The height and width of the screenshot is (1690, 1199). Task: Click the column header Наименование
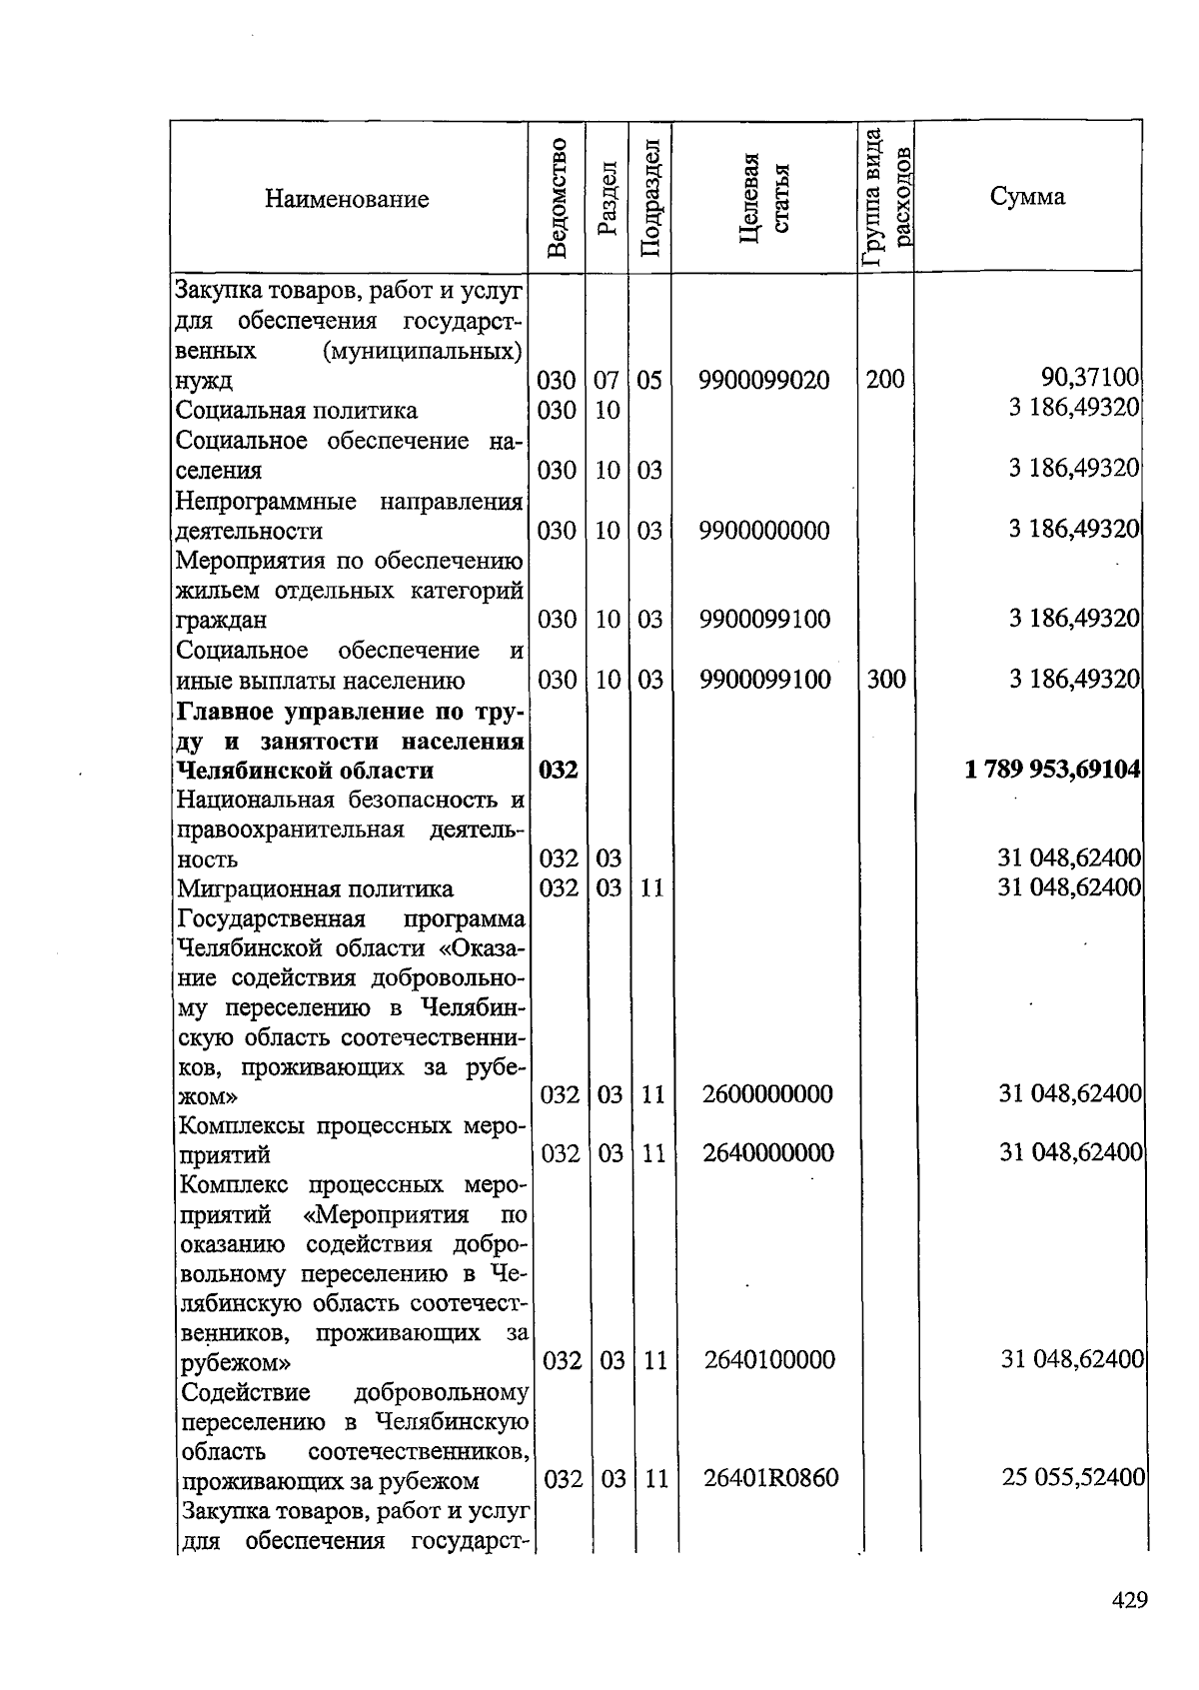click(347, 199)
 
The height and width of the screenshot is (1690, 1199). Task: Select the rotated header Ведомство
click(558, 197)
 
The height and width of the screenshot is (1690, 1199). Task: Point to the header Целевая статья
click(763, 197)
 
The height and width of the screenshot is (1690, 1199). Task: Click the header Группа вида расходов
click(885, 197)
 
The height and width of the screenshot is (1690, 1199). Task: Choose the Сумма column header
click(1027, 196)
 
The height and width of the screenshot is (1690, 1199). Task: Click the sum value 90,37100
click(1090, 378)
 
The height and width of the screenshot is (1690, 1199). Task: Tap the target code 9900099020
click(764, 381)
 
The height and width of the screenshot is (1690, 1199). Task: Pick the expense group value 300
click(885, 680)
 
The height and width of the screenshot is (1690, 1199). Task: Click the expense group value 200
click(885, 379)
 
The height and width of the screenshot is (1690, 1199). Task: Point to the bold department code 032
click(558, 771)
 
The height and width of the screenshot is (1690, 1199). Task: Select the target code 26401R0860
click(770, 1477)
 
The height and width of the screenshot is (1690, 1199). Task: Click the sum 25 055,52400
click(1073, 1477)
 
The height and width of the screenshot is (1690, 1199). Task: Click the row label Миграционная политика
click(315, 888)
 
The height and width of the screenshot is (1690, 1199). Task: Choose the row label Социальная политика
click(297, 411)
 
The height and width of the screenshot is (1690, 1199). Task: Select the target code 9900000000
click(764, 531)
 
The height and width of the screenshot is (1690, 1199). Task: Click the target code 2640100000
click(769, 1360)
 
